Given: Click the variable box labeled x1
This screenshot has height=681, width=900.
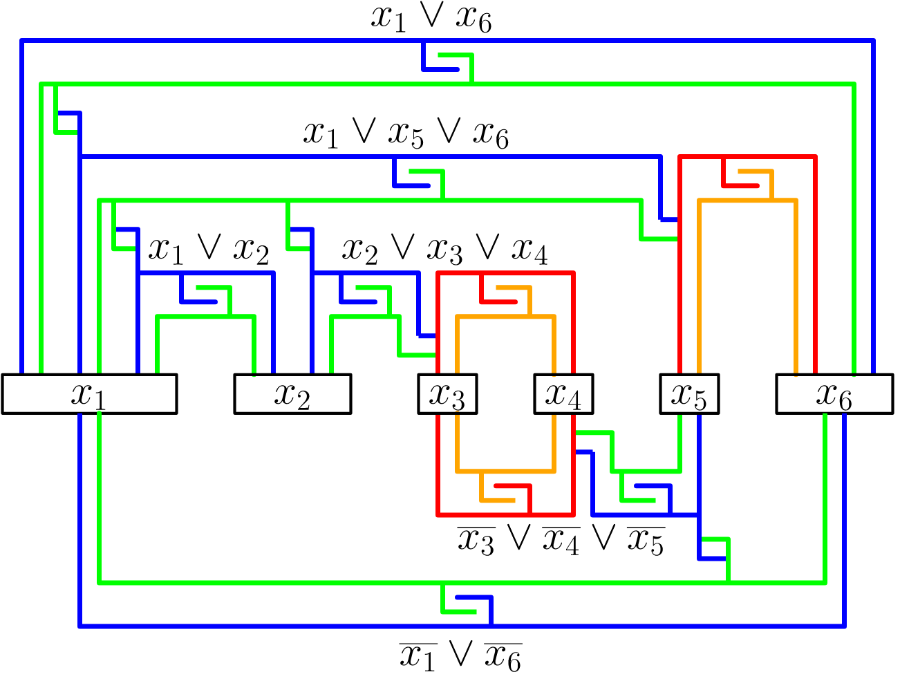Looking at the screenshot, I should (89, 394).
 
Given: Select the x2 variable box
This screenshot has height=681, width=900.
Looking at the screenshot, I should (292, 394).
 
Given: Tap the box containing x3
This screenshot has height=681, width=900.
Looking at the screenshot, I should (447, 394).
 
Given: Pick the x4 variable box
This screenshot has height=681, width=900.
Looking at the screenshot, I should (563, 394).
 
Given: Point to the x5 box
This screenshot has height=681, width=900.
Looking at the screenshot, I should (689, 394).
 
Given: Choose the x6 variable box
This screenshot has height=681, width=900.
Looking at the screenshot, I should (834, 394).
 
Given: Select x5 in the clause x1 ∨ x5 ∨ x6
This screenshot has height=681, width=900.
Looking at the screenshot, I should (406, 134).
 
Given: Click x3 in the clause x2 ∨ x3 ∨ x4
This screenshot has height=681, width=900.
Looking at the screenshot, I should (444, 250).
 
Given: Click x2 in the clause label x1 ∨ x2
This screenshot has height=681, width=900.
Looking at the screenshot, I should (251, 250).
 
